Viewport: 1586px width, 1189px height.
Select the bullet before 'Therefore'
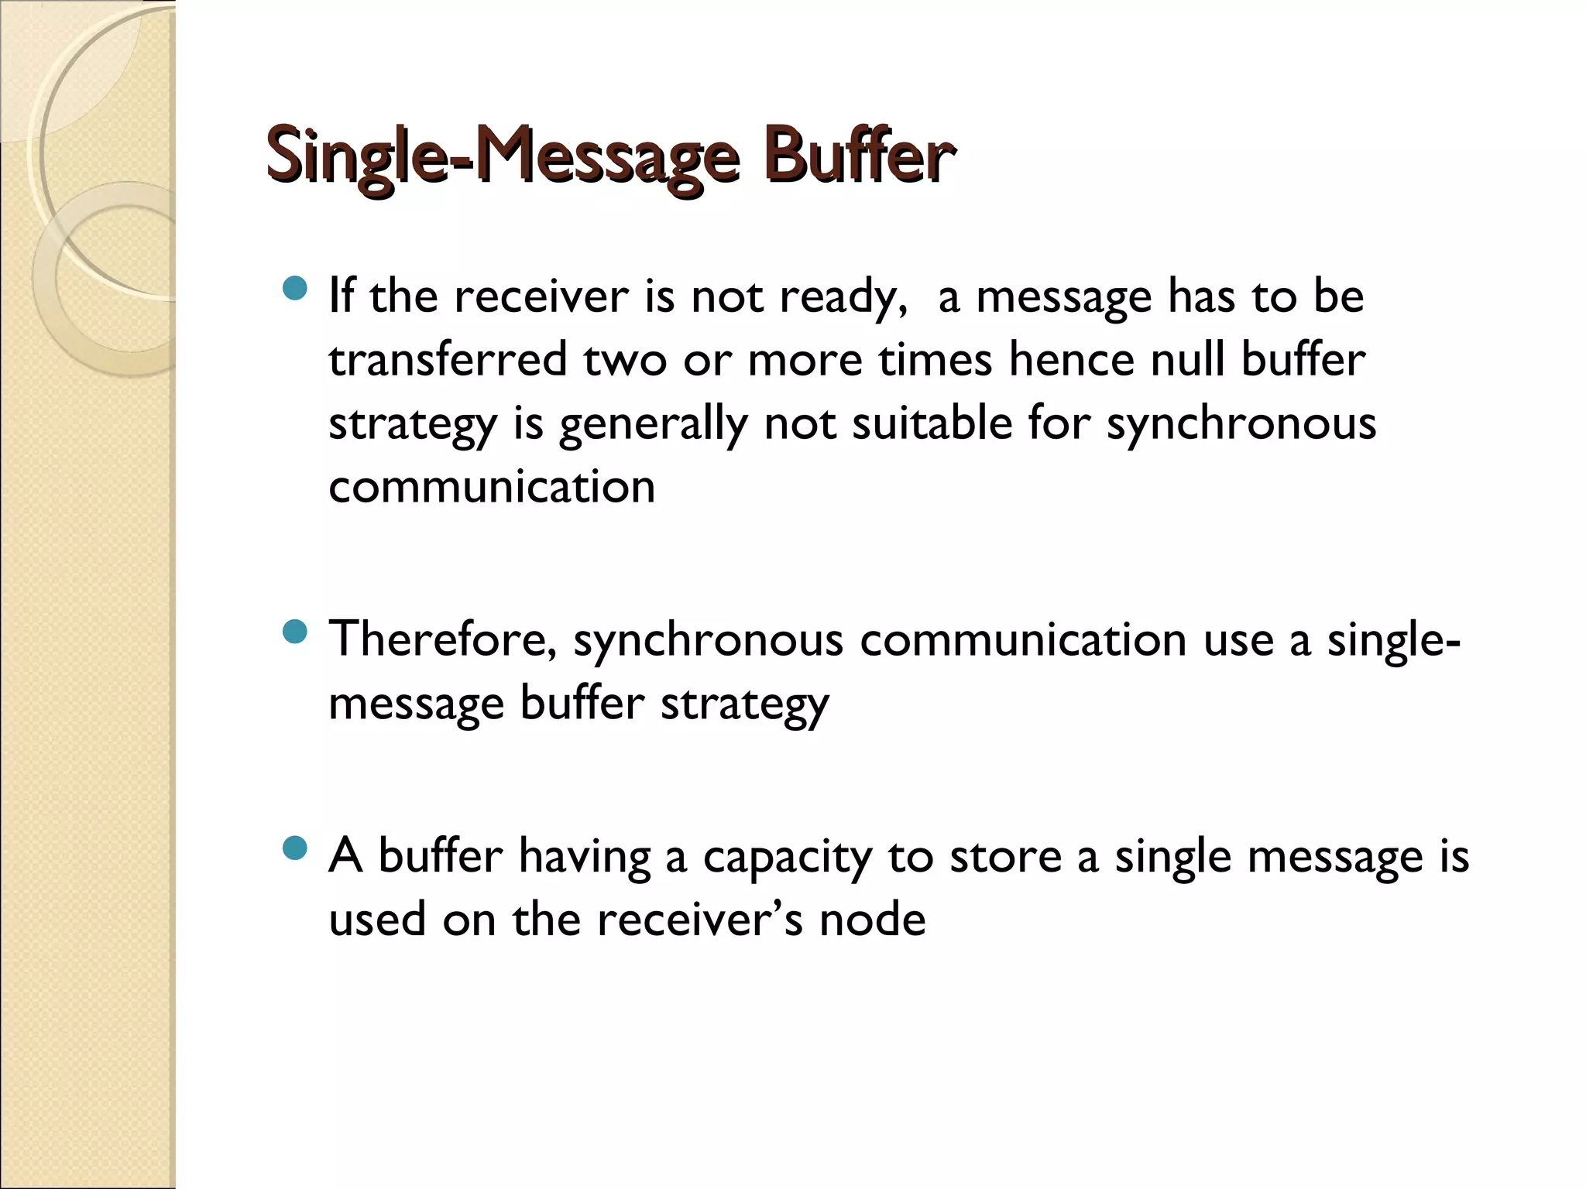(295, 633)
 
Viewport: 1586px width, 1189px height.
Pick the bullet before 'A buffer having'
(295, 849)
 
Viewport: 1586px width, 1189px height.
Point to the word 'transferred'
(448, 361)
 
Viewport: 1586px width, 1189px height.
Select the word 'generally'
(653, 425)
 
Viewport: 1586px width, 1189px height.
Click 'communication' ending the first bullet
(492, 488)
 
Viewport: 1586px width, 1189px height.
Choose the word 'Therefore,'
(442, 641)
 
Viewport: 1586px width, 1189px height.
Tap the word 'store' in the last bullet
(1005, 858)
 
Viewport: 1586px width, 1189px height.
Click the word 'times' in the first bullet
(935, 361)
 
